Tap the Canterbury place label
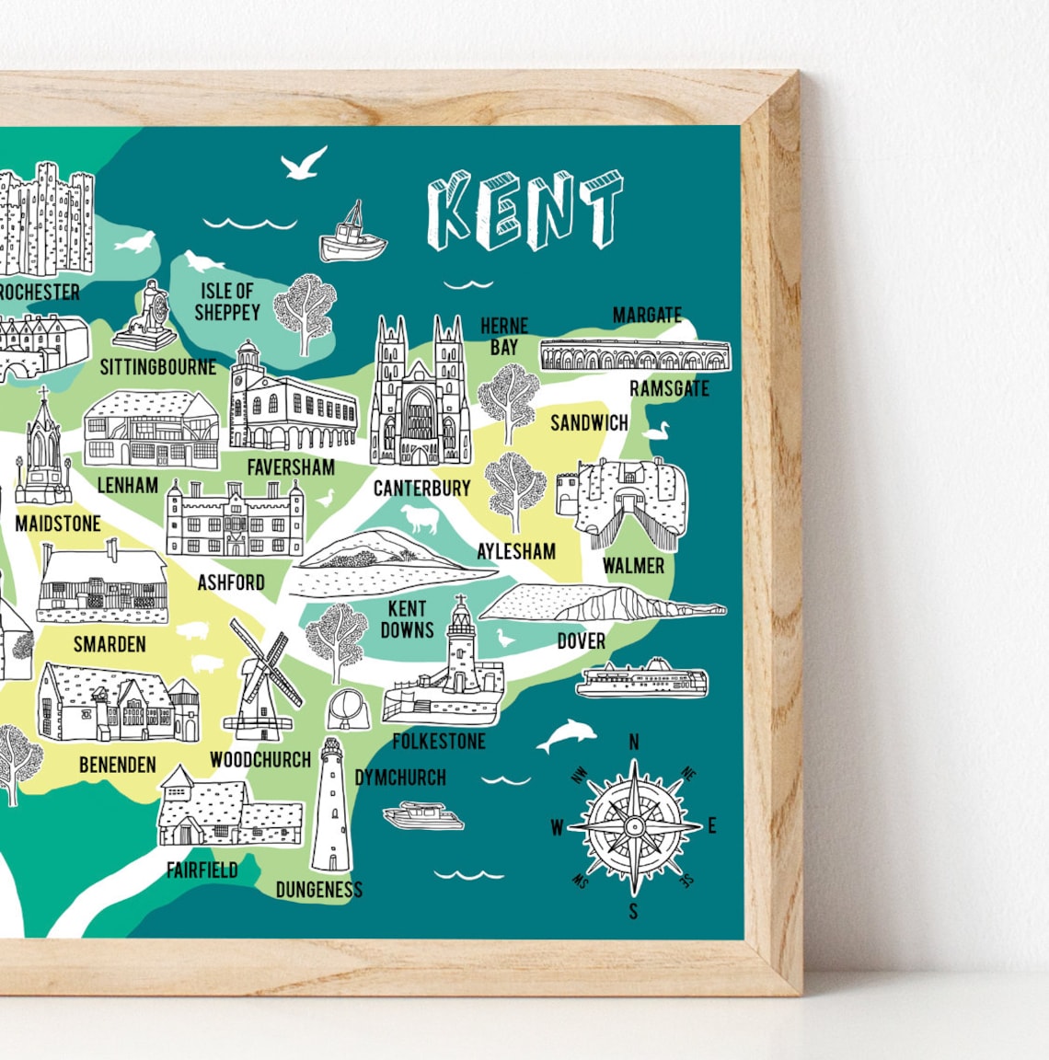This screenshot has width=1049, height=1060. pos(421,489)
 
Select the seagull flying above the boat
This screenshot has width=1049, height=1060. pos(304,164)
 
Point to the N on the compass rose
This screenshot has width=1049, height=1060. pos(633,743)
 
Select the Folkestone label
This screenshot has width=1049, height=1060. pos(439,741)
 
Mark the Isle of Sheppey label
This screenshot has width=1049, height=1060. pos(227,302)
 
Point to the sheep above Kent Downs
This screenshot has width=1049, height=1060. pos(419,519)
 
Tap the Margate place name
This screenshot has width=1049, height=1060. pos(647,316)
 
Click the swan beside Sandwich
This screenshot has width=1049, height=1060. pos(655,431)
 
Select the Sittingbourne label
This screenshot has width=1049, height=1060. pos(158,367)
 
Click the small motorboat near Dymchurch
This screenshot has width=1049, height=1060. pos(423,815)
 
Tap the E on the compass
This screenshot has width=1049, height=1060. pos(711,826)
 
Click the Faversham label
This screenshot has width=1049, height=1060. pos(291,467)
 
